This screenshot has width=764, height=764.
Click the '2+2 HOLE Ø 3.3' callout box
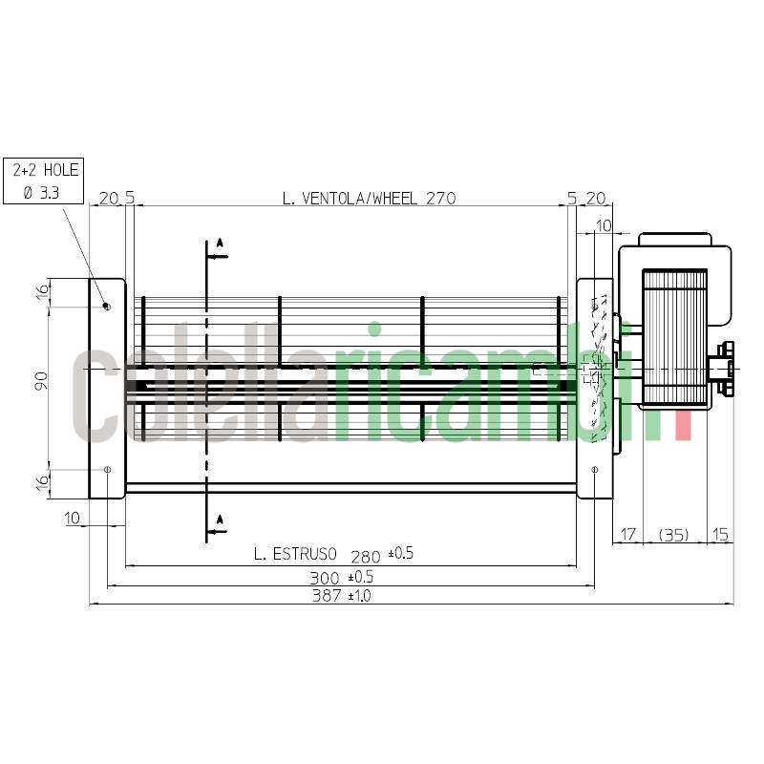[43, 180]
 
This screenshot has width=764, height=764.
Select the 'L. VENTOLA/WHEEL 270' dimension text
[369, 199]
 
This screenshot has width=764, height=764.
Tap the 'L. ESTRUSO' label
[295, 554]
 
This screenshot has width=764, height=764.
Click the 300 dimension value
[325, 578]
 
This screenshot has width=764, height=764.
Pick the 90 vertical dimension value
[41, 380]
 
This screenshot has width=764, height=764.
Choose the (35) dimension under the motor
[674, 535]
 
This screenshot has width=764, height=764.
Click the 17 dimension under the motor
[628, 535]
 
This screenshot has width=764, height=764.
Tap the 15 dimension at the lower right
[720, 535]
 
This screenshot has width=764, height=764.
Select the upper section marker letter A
[220, 243]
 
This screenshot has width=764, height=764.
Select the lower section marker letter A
[220, 520]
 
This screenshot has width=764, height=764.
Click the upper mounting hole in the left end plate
[108, 307]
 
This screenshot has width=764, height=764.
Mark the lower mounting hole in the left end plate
[108, 469]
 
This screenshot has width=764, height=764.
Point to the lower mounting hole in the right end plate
[594, 469]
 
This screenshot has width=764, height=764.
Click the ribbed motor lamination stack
[675, 336]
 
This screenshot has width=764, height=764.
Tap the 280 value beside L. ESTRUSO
[366, 557]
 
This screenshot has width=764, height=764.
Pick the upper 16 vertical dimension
[42, 291]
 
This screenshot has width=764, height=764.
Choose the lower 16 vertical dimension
[42, 482]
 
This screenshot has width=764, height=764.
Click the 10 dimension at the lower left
[72, 518]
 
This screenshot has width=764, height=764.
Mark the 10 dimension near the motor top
[604, 225]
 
